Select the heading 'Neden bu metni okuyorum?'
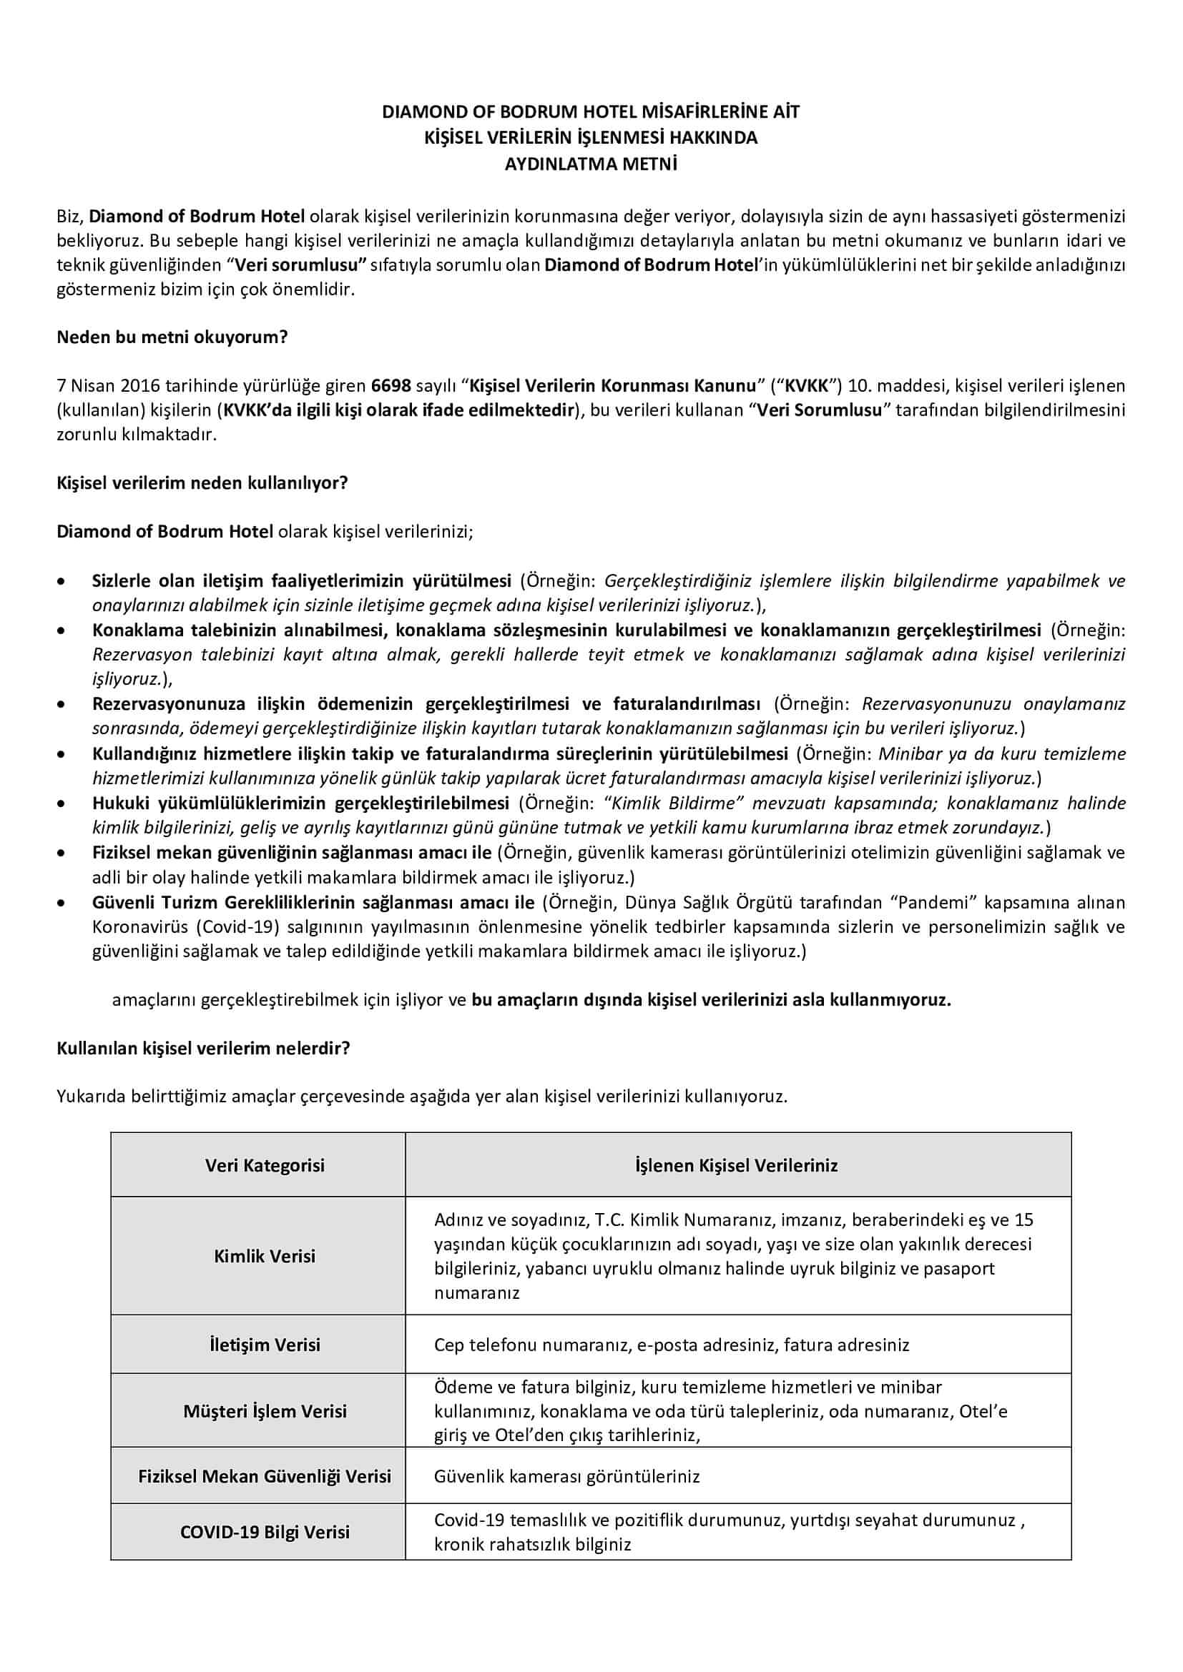pyautogui.click(x=172, y=337)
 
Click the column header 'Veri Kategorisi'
pyautogui.click(x=265, y=1165)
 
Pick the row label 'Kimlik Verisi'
pyautogui.click(x=265, y=1256)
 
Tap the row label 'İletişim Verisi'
pyautogui.click(x=265, y=1345)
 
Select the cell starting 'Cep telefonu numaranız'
pyautogui.click(x=672, y=1345)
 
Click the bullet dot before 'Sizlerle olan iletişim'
pyautogui.click(x=64, y=582)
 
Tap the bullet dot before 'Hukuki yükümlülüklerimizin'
pyautogui.click(x=64, y=804)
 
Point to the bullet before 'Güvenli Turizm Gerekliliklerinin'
pyautogui.click(x=64, y=904)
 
